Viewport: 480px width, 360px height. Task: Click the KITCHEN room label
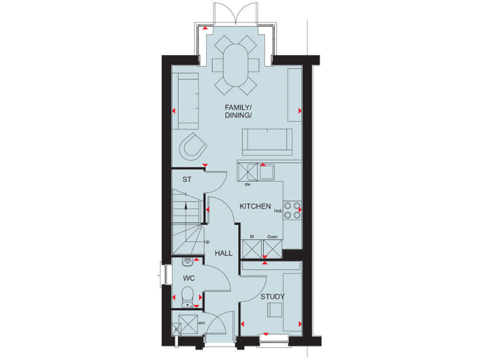click(256, 206)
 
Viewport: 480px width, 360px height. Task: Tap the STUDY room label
click(273, 297)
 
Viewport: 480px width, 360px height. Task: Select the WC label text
click(189, 277)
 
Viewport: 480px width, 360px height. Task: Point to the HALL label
click(223, 254)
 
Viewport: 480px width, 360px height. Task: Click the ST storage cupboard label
click(186, 180)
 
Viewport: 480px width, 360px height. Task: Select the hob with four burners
click(292, 210)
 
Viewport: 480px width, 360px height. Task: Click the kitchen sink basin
click(267, 171)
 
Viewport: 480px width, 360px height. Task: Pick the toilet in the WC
click(187, 295)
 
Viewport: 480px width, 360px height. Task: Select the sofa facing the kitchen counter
click(267, 141)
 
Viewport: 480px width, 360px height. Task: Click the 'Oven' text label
click(272, 237)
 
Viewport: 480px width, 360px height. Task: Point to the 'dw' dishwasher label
click(247, 184)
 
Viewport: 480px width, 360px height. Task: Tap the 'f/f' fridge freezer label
click(252, 237)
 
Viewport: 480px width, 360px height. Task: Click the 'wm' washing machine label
click(201, 322)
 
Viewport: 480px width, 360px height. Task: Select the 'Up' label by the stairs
click(207, 242)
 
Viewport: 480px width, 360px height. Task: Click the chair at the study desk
click(274, 309)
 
